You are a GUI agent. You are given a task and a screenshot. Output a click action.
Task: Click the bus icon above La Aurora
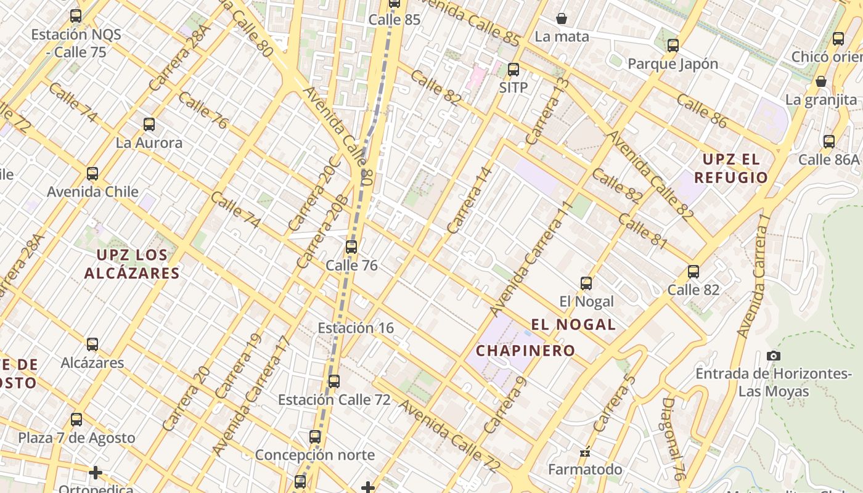(149, 124)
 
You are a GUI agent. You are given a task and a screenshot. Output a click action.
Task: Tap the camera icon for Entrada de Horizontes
(774, 356)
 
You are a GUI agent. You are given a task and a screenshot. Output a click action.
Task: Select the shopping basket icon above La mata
(562, 18)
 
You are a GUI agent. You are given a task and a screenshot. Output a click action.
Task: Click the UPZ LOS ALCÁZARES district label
(132, 264)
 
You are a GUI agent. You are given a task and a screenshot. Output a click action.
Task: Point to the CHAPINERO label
(526, 351)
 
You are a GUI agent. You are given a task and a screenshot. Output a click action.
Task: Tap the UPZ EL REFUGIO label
(731, 169)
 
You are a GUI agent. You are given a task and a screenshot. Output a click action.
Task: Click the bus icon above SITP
(513, 70)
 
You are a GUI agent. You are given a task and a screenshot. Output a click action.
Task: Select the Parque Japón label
(673, 63)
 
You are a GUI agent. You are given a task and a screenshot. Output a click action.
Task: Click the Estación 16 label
(356, 328)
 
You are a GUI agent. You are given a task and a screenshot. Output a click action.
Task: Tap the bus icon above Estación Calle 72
(334, 381)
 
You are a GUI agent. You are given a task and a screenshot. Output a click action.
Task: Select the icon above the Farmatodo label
(585, 453)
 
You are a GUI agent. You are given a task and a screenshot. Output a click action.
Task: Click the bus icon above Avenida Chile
(92, 174)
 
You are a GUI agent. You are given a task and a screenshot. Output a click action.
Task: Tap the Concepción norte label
(314, 455)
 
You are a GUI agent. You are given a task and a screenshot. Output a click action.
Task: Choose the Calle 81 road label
(642, 231)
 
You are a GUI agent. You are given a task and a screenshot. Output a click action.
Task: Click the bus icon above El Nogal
(586, 283)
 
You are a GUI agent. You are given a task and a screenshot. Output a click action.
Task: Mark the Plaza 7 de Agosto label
(76, 438)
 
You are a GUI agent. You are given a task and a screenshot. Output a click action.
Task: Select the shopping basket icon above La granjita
(821, 81)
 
